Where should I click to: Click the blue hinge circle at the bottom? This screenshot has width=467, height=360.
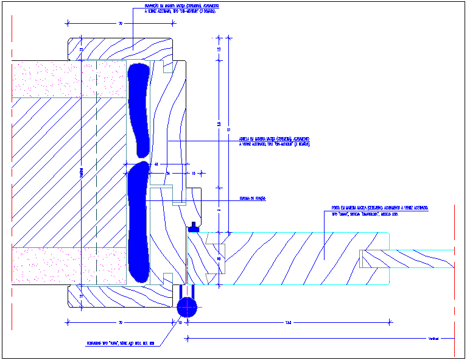tap(187, 305)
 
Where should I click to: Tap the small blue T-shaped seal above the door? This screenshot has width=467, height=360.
tap(194, 227)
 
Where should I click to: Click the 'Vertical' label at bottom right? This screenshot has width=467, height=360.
tap(433, 339)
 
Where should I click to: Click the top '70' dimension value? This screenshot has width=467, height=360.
tap(121, 24)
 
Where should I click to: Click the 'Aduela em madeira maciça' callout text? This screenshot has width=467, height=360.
tap(275, 141)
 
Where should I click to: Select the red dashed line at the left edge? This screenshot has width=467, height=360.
tap(11, 183)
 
